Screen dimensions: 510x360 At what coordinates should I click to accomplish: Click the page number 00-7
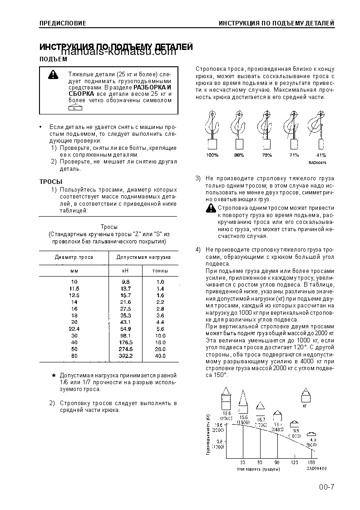pos(326,488)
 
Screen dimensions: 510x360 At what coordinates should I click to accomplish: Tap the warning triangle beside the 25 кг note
pos(54,74)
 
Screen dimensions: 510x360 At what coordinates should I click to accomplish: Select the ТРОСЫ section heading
pos(50,182)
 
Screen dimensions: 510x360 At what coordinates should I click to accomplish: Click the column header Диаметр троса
pos(74,257)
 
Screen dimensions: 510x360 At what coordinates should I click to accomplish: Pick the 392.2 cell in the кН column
pos(126,356)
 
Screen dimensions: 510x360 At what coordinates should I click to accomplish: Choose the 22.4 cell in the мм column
pos(74,329)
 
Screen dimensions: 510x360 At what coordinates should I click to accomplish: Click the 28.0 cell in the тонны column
pos(160,349)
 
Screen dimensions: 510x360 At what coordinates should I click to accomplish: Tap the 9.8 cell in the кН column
pos(126,282)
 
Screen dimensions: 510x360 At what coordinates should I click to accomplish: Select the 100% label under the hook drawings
pos(212,155)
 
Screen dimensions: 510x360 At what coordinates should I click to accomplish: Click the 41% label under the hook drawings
pos(321,155)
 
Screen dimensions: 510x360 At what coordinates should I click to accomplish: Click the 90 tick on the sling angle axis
pos(277,462)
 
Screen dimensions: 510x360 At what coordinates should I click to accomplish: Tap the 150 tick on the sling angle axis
pos(312,462)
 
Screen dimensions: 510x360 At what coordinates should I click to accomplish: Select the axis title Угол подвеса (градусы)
pos(258,469)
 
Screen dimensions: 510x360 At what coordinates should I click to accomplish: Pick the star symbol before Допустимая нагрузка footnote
pos(54,376)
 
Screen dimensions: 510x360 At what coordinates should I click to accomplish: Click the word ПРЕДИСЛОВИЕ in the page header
pos(63,23)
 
